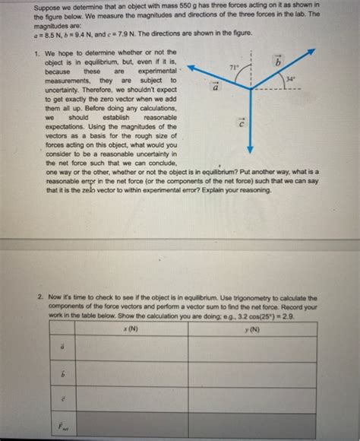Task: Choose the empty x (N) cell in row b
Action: coord(131,374)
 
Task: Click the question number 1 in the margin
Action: coord(37,53)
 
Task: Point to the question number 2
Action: coord(39,297)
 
